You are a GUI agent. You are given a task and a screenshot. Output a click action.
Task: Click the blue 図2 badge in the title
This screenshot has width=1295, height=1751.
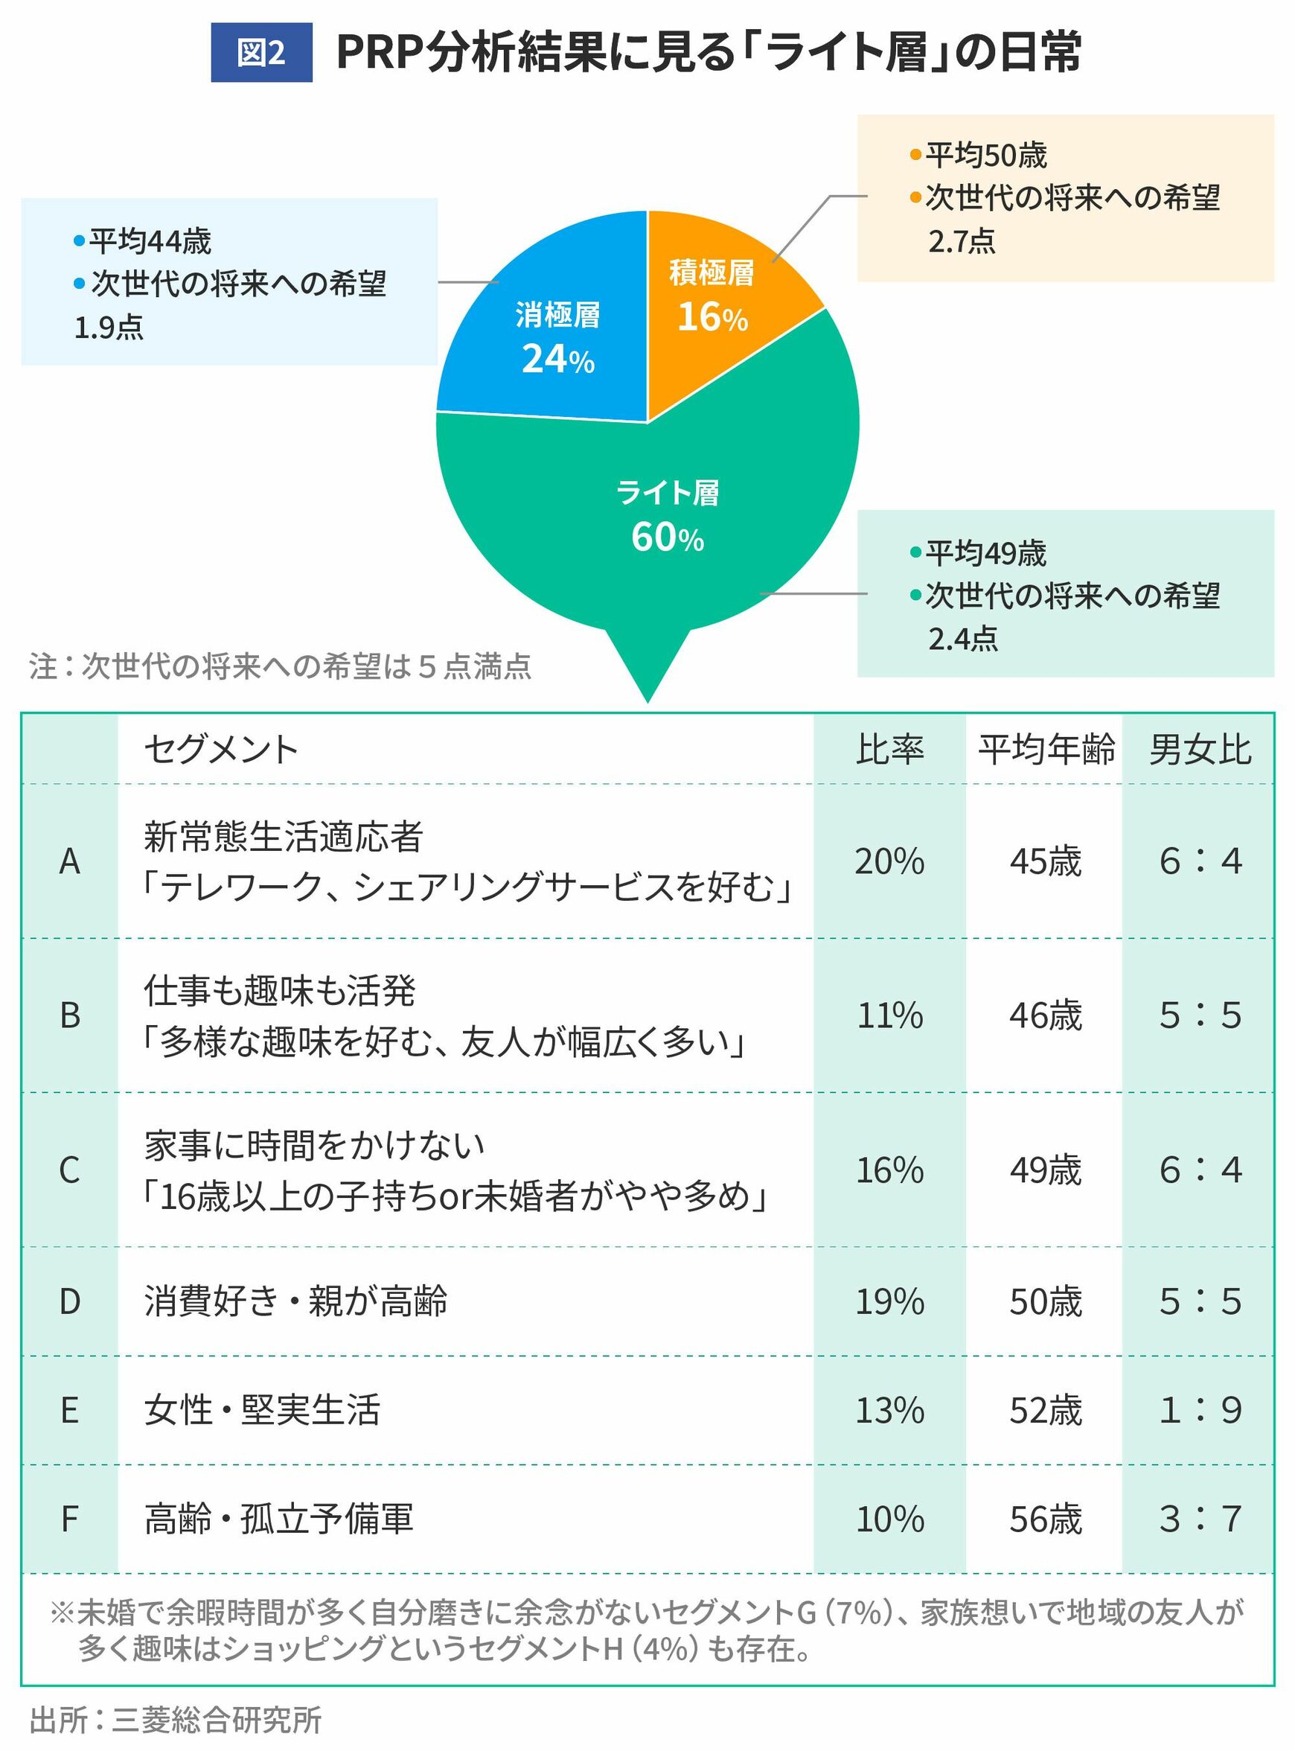click(x=261, y=53)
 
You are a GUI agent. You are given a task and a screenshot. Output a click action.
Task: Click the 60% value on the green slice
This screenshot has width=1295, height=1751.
click(x=667, y=538)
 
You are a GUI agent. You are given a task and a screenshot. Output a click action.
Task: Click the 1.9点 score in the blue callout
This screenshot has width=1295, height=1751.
click(x=108, y=328)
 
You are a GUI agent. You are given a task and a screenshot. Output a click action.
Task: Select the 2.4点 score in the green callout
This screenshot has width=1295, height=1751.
click(x=962, y=639)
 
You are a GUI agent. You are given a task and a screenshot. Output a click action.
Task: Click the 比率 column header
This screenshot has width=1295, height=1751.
click(x=889, y=750)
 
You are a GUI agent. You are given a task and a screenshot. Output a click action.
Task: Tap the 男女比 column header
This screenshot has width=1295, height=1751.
click(x=1200, y=750)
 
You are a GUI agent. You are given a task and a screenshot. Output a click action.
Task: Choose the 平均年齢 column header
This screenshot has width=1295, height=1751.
click(x=1046, y=750)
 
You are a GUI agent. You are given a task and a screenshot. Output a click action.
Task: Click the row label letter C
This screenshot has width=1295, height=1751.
click(x=70, y=1170)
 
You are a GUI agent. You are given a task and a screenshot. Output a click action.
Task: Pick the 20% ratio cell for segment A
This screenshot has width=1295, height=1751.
click(x=889, y=861)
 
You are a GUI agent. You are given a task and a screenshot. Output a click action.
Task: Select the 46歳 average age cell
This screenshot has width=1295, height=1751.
click(x=1045, y=1015)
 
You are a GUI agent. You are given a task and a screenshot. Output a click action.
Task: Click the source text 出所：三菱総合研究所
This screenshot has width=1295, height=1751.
click(x=176, y=1720)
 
